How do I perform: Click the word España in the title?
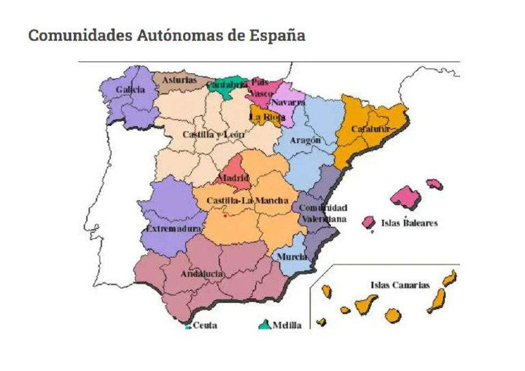[x=275, y=36]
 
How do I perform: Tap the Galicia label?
[x=130, y=90]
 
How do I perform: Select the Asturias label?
[x=179, y=80]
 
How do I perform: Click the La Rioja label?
[x=267, y=117]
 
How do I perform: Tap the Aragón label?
[x=305, y=140]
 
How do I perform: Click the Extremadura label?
[x=175, y=228]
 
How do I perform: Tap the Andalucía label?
[x=202, y=274]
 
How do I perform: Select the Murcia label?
[x=291, y=257]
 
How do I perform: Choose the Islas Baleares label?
[x=409, y=223]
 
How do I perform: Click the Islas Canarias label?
[x=400, y=285]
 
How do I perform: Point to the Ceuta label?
[x=204, y=325]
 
